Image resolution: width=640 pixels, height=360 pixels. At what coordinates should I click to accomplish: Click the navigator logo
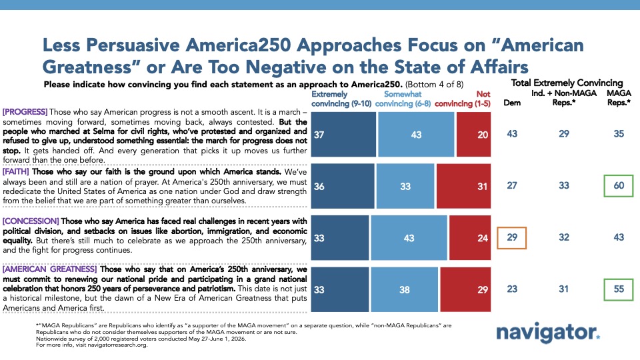[x=548, y=333]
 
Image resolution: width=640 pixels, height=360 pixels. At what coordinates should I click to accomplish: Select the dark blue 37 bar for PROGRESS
[x=343, y=134]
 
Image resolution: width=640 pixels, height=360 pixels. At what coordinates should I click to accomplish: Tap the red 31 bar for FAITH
[x=463, y=186]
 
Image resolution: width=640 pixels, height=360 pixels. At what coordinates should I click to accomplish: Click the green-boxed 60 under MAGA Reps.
[x=619, y=186]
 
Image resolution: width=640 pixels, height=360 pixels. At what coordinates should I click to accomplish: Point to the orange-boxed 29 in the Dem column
[x=511, y=237]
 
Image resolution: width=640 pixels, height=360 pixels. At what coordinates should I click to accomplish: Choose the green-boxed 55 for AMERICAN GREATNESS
[x=619, y=289]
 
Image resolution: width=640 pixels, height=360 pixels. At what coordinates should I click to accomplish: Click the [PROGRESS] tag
[x=25, y=112]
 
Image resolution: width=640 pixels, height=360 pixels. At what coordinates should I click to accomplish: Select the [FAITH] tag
[x=16, y=172]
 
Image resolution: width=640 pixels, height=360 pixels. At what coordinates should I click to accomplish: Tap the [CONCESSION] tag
[x=31, y=221]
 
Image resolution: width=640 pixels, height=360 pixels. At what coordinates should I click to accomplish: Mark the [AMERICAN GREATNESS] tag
[x=49, y=269]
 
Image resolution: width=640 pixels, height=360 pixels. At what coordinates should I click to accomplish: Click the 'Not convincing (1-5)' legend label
[x=463, y=99]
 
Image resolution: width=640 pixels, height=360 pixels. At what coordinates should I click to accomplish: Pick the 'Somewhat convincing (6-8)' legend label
[x=403, y=99]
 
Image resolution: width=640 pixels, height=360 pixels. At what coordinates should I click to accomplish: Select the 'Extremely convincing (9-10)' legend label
[x=341, y=99]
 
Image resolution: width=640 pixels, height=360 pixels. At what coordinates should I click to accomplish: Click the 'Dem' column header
[x=512, y=103]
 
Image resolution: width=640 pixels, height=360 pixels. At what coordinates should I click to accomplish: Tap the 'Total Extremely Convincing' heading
[x=567, y=83]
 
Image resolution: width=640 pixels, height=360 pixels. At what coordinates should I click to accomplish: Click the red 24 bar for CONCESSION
[x=470, y=237]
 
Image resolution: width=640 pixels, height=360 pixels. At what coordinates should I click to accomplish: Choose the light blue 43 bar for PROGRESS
[x=416, y=134]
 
